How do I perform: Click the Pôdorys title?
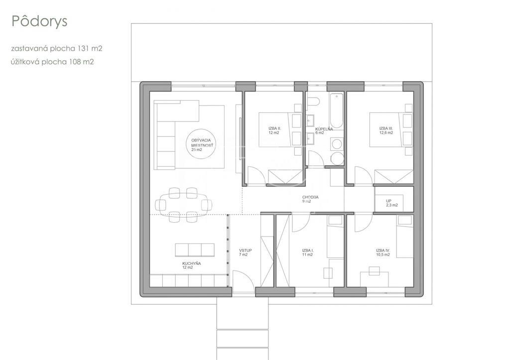(x=39, y=21)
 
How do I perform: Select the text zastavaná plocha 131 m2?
(x=57, y=48)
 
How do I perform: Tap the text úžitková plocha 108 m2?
(x=52, y=62)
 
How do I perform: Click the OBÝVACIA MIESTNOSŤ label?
(x=201, y=145)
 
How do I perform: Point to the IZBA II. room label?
(x=274, y=130)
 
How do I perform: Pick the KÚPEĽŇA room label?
(x=324, y=131)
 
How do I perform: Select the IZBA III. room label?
(x=386, y=130)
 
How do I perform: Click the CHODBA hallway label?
(x=310, y=199)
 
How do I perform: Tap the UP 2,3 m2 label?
(x=391, y=203)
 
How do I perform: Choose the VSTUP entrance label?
(x=245, y=252)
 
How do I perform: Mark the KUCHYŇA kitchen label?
(x=191, y=265)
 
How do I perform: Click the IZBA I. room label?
(x=307, y=252)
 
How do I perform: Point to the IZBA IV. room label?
(x=383, y=252)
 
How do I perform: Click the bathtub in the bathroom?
(x=337, y=111)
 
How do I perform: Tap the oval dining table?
(x=183, y=205)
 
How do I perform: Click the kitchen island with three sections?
(x=195, y=250)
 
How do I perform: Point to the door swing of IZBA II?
(x=256, y=176)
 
